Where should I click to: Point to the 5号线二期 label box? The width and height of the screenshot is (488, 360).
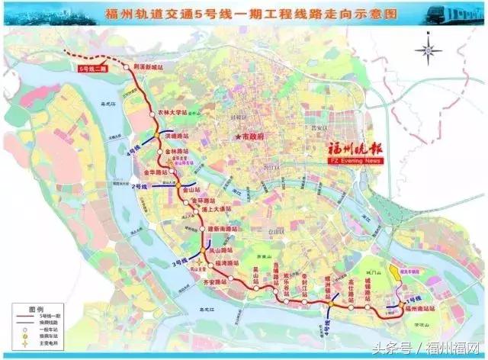tap(94, 69)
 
